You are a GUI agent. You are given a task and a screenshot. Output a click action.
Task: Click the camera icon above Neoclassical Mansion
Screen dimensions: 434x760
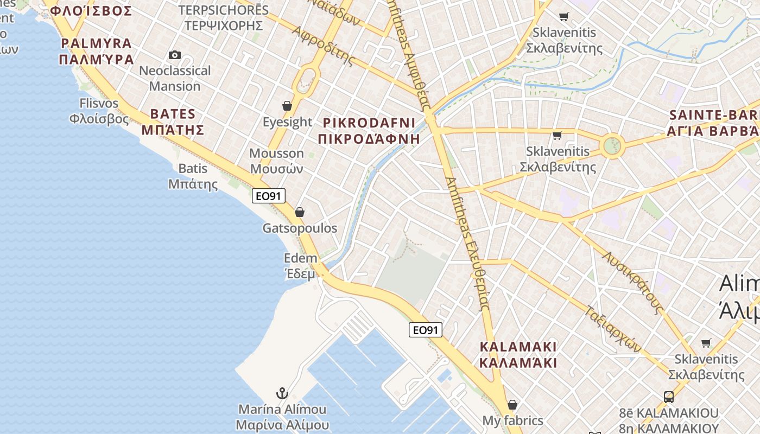pos(174,55)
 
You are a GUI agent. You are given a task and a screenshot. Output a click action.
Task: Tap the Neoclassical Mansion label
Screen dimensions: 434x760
pos(175,78)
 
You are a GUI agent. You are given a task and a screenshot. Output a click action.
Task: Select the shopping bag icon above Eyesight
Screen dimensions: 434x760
pos(287,106)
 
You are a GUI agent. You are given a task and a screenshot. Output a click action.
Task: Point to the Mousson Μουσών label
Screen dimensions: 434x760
pos(276,161)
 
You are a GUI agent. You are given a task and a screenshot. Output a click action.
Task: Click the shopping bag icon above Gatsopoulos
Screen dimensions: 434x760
pos(299,212)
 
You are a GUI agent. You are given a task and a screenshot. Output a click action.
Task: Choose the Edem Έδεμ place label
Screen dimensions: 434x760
pos(300,266)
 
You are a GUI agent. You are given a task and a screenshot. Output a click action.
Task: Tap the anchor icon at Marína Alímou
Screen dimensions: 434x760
pos(282,393)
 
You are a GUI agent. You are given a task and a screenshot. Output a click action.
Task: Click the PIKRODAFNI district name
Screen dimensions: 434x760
pos(369,130)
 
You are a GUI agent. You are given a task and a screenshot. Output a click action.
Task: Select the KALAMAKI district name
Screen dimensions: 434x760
pos(518,354)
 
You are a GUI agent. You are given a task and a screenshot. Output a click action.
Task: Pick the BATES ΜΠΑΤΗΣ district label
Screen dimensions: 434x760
pos(173,122)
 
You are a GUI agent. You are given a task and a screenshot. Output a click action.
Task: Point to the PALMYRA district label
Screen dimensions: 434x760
pos(97,51)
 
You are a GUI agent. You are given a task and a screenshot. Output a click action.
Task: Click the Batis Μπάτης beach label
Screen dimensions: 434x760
pos(193,176)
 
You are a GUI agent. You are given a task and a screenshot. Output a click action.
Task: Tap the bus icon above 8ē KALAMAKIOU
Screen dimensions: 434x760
pos(669,397)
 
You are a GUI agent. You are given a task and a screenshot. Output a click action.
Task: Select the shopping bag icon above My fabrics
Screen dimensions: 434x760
pos(512,405)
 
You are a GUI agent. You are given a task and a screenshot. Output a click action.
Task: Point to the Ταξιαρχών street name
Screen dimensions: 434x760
pos(614,329)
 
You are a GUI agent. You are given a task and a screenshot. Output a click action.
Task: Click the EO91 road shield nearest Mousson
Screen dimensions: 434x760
pos(269,196)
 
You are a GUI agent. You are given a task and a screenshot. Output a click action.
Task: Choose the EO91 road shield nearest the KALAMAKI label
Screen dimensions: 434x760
pos(426,329)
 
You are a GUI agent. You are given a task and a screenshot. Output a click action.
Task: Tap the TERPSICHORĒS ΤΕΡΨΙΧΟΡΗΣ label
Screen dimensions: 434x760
pos(224,17)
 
